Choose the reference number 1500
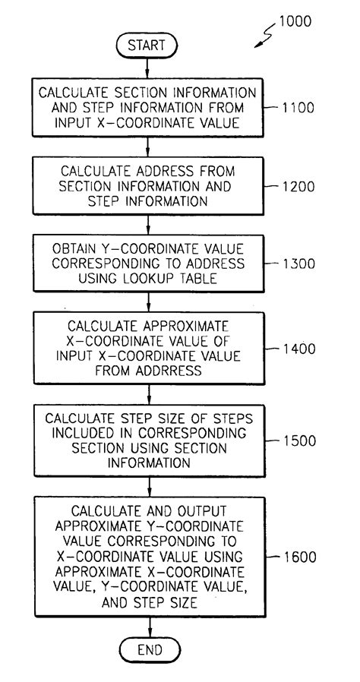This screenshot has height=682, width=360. point(297,440)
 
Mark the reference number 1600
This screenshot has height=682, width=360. point(297,556)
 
